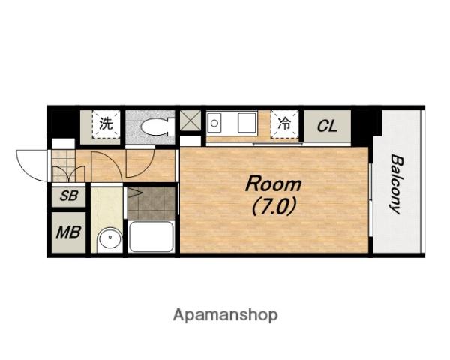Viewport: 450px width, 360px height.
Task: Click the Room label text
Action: click(x=273, y=184)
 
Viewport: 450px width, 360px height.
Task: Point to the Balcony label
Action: click(x=397, y=184)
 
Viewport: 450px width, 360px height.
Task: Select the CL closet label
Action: click(x=327, y=126)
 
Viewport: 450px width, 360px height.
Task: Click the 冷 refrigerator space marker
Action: click(x=284, y=124)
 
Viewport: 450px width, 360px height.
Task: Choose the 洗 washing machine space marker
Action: click(x=106, y=124)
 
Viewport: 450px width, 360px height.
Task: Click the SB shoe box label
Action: click(x=69, y=196)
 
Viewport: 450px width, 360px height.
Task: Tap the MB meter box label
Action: click(x=68, y=232)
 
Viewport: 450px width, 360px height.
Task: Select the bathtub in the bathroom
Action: click(x=151, y=237)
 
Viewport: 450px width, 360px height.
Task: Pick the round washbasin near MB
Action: click(x=109, y=238)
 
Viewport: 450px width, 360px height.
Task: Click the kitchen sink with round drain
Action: click(x=214, y=123)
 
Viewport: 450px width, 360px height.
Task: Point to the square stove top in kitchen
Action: click(x=247, y=122)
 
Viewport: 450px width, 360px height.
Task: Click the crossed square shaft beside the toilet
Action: click(x=190, y=120)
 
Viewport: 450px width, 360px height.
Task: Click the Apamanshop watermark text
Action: click(x=225, y=315)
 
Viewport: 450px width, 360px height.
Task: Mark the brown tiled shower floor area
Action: click(x=151, y=203)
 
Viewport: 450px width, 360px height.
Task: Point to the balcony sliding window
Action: click(x=370, y=199)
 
